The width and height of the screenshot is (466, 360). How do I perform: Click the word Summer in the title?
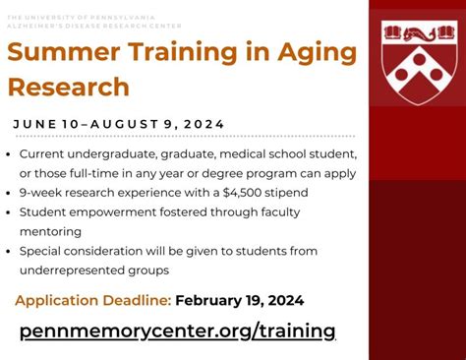[x=64, y=52]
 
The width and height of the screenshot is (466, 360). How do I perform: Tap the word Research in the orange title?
[x=69, y=87]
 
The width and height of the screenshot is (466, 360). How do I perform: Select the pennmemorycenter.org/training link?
[x=178, y=330]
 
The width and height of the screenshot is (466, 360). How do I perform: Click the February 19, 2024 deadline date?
[x=240, y=300]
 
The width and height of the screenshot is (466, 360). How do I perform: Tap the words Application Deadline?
[x=93, y=301]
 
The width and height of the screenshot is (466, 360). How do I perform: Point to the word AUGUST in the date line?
[x=125, y=124]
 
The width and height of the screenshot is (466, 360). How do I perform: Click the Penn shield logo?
[x=419, y=62]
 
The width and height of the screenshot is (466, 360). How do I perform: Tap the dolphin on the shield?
[x=419, y=33]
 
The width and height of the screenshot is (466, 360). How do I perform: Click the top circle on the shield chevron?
[x=419, y=59]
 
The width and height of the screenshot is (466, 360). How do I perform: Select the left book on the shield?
[x=392, y=32]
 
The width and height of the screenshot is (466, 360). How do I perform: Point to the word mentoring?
[x=50, y=232]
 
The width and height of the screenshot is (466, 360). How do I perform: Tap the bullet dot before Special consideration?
[x=9, y=252]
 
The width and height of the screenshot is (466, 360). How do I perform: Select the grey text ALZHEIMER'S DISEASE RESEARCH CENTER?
[x=94, y=26]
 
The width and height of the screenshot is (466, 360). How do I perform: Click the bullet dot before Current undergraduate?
[x=9, y=154]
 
